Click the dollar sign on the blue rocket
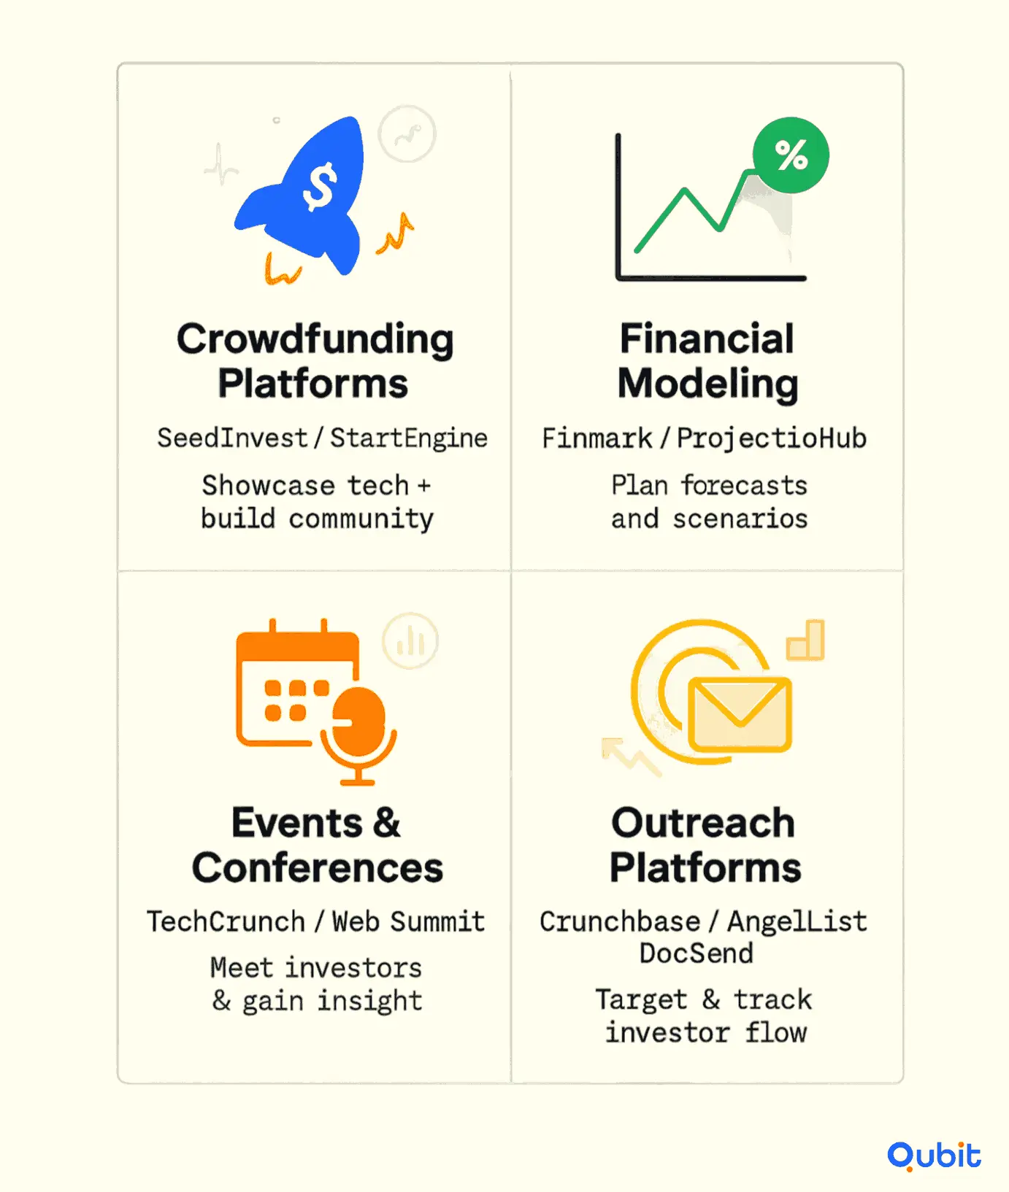(320, 187)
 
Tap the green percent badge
(791, 155)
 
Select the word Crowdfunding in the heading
(315, 340)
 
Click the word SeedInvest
(232, 438)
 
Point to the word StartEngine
(409, 438)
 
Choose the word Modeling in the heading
(708, 384)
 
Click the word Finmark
(597, 438)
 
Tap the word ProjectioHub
(772, 438)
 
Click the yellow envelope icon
(740, 714)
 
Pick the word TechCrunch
(226, 921)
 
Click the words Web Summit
(409, 921)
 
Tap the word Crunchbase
(620, 921)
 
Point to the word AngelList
(797, 922)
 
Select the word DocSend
(697, 953)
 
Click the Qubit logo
(935, 1156)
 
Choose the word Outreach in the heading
(703, 823)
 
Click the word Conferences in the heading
(318, 868)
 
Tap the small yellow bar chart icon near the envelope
(805, 640)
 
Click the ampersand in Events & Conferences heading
(387, 823)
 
